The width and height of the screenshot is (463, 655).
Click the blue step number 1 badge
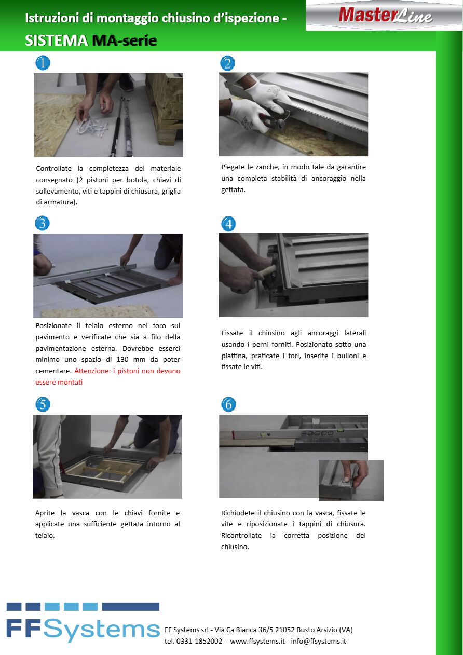click(43, 63)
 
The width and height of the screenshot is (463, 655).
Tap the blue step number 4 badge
click(228, 224)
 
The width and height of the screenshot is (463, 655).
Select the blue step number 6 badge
click(228, 404)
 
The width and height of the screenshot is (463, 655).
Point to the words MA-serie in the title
click(125, 40)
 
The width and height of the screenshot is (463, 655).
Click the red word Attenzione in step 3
click(92, 371)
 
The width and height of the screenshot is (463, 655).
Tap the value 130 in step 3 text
click(122, 359)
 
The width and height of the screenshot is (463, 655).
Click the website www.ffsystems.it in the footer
click(257, 642)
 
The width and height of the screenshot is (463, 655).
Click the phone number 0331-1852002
click(199, 642)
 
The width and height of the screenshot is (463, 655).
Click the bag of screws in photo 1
click(92, 128)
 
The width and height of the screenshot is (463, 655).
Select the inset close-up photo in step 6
click(351, 481)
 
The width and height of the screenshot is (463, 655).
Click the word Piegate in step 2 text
click(233, 167)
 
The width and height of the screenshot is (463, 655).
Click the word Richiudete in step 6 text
click(238, 513)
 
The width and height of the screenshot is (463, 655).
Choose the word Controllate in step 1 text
click(53, 169)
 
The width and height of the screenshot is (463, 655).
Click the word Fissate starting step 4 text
click(232, 333)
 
